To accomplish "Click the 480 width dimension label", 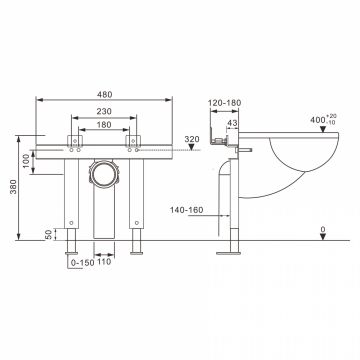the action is click(x=105, y=95).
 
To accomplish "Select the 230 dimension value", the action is click(x=104, y=111).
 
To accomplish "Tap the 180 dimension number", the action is click(x=104, y=125).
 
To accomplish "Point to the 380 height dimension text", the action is click(x=13, y=187).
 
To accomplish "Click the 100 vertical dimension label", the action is click(x=27, y=161).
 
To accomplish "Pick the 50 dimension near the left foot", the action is click(x=49, y=234).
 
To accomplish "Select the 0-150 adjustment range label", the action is click(x=83, y=263).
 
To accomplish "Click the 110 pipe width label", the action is click(x=104, y=262).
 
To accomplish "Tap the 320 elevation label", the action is click(x=192, y=139).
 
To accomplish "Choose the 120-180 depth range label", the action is click(x=224, y=103).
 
